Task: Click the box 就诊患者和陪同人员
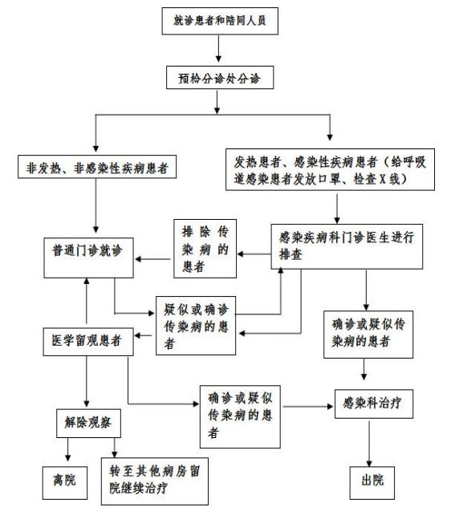(x=219, y=20)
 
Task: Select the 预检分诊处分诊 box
(x=219, y=79)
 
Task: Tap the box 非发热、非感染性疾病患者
(x=96, y=169)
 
